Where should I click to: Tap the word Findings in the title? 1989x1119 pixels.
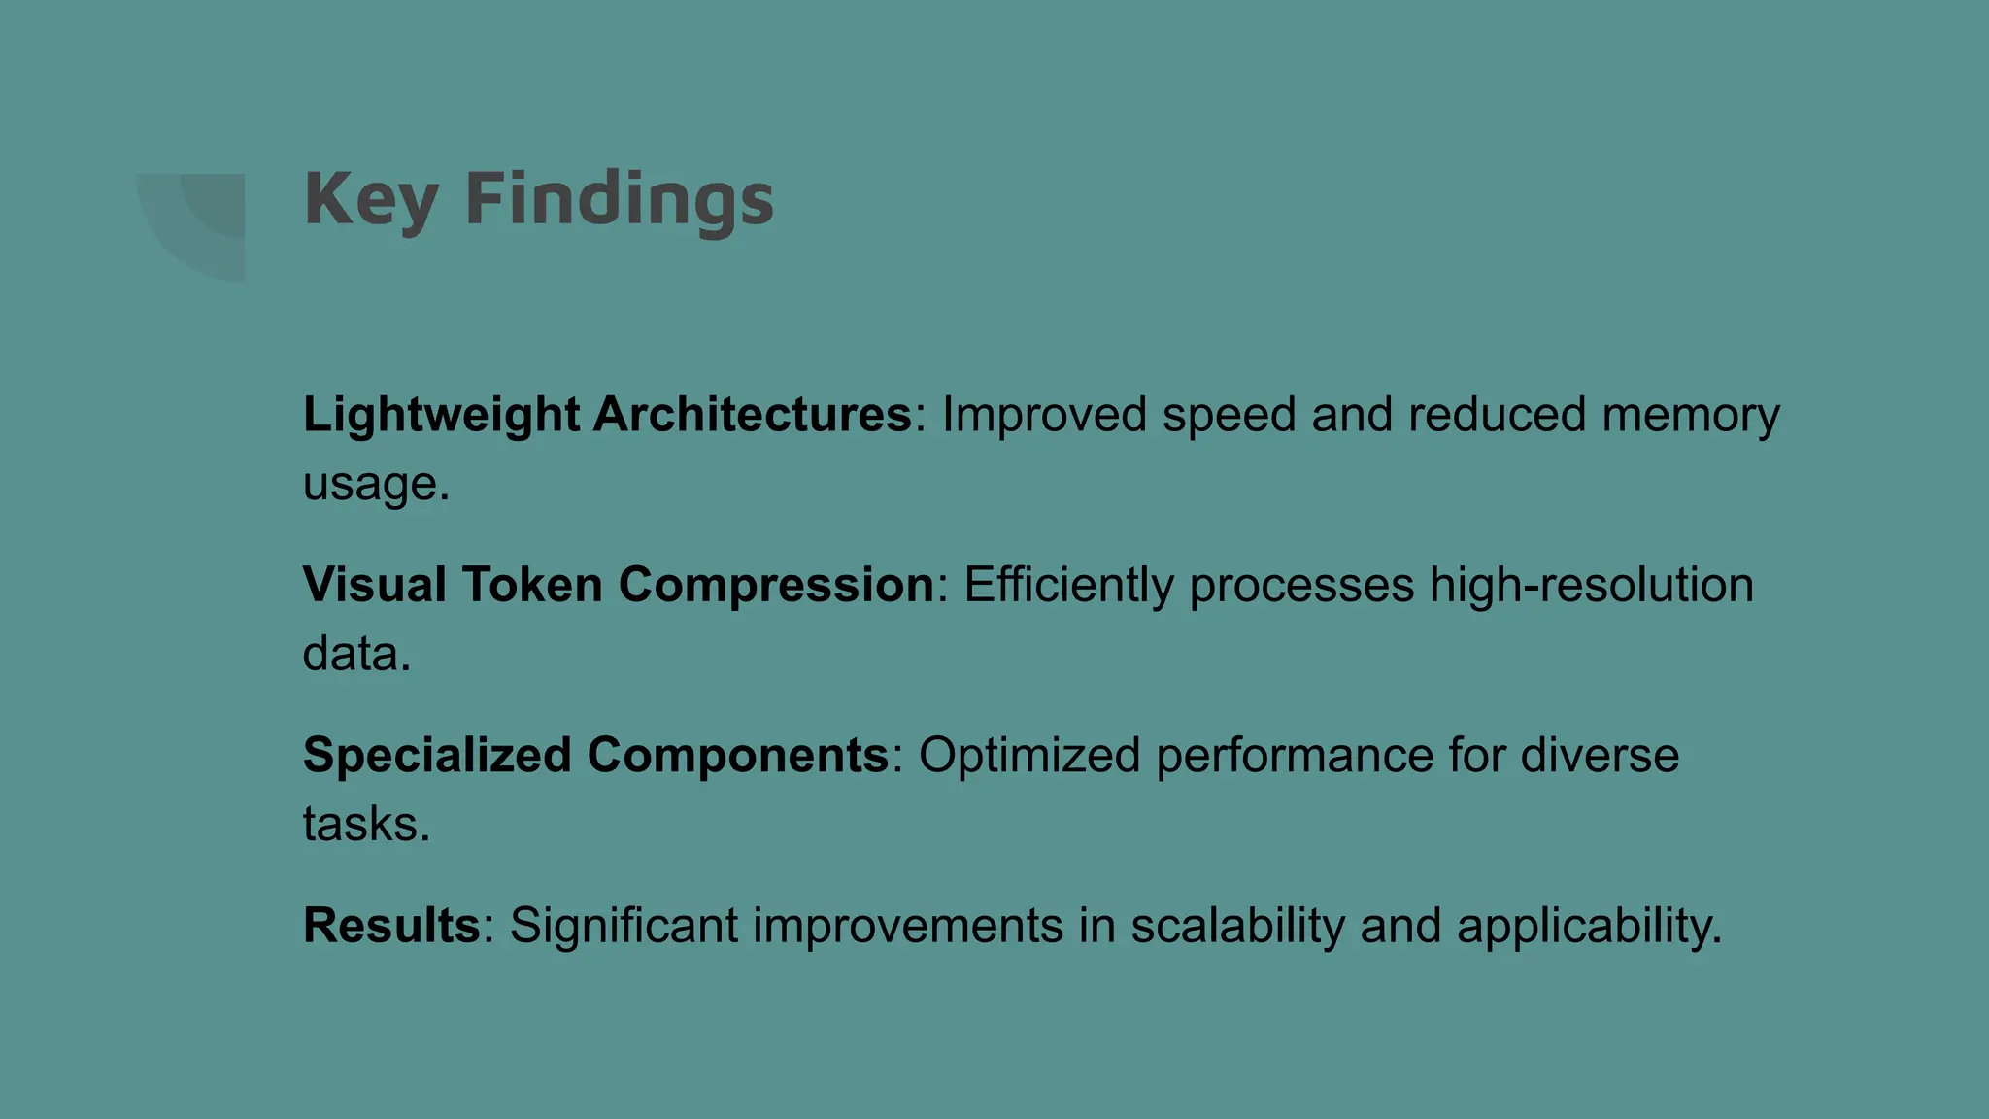coord(620,200)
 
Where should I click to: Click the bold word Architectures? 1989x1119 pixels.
coord(753,416)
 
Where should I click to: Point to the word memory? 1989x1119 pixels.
coord(1690,416)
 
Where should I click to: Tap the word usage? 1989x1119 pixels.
coord(375,484)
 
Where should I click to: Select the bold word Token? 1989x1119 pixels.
coord(532,586)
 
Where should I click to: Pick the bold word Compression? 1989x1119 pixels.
coord(776,586)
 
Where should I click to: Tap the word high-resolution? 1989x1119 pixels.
coord(1591,586)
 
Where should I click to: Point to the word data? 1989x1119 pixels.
coord(355,654)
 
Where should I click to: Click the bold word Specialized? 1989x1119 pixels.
coord(437,756)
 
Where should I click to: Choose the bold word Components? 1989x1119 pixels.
coord(738,756)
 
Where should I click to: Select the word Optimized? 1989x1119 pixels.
coord(1029,756)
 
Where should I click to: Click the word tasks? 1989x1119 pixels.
coord(365,825)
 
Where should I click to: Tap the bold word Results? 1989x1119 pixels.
coord(391,926)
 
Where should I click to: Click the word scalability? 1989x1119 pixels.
coord(1237,926)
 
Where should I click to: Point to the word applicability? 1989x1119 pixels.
coord(1589,926)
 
